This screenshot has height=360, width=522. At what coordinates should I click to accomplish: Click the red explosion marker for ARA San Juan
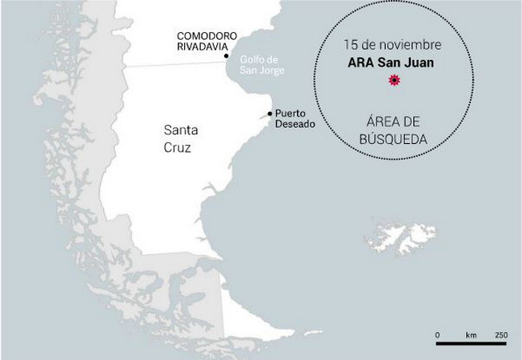[x=393, y=80]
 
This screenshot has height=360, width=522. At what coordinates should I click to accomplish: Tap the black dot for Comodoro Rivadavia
[x=227, y=56]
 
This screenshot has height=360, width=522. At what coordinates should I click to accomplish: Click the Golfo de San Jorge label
[x=262, y=65]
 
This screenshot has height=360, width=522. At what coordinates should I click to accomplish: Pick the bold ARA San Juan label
[x=391, y=61]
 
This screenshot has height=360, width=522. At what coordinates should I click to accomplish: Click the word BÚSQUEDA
[x=393, y=139]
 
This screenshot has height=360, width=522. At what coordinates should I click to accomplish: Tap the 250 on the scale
[x=501, y=334]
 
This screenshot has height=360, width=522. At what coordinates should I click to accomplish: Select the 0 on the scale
[x=438, y=334]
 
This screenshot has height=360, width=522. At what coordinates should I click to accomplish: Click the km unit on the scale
[x=471, y=334]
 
